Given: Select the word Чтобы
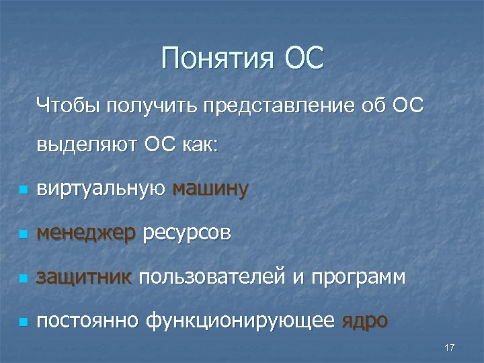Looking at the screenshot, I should click(68, 106).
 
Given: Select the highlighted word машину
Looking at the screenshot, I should click(210, 190).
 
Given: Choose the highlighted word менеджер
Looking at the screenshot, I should click(87, 234).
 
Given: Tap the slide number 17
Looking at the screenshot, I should click(450, 347).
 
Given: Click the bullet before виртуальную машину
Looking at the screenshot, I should click(24, 191).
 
